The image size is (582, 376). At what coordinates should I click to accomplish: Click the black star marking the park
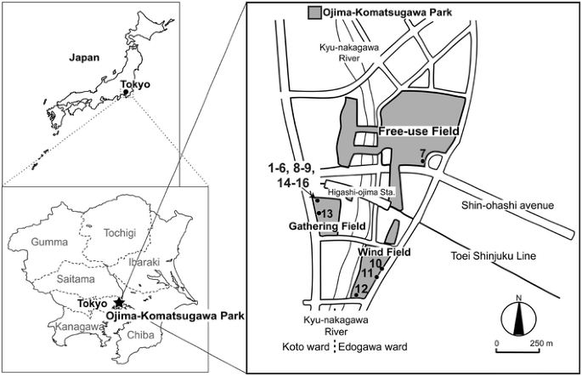tap(119, 302)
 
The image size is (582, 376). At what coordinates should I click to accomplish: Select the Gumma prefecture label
tap(48, 242)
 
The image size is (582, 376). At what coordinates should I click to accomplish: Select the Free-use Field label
tap(420, 132)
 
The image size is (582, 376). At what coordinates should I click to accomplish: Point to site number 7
tap(422, 154)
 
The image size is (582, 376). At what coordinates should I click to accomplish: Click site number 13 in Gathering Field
tap(326, 213)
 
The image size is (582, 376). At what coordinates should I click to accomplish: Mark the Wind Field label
tap(383, 253)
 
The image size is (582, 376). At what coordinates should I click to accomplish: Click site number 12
tap(361, 290)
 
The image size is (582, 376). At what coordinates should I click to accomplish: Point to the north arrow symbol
tap(517, 321)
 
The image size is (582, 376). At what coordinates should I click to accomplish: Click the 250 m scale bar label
tap(537, 343)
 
